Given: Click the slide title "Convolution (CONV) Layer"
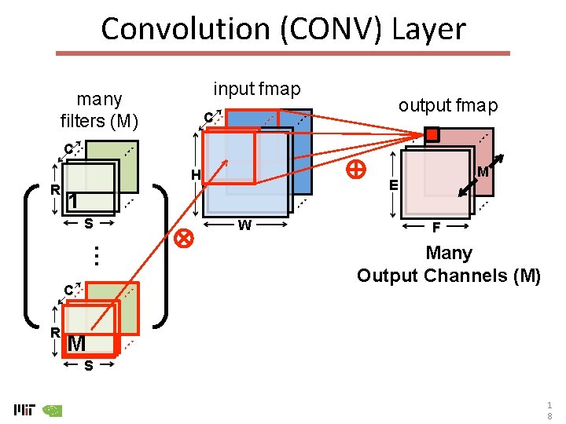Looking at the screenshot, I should click(283, 29).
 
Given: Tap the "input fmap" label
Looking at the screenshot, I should click(257, 90).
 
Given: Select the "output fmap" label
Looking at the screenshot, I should click(447, 105).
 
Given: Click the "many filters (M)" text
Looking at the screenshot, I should click(99, 110).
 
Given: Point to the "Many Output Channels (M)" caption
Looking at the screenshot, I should click(448, 265).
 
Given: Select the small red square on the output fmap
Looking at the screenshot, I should click(432, 135).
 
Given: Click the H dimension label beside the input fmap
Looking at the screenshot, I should click(195, 174).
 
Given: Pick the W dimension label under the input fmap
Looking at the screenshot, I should click(244, 226).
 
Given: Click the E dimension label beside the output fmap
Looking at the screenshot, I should click(394, 185).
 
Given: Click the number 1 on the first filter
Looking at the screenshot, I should click(72, 201).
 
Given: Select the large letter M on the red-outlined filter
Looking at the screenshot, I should click(76, 344).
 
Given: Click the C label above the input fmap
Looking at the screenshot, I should click(208, 118).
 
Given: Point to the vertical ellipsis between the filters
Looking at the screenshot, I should click(94, 255).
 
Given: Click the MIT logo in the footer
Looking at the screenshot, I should click(24, 409).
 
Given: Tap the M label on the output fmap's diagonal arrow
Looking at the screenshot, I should click(483, 172).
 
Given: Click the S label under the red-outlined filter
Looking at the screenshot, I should click(89, 366).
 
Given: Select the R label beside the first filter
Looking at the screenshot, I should click(55, 189).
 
